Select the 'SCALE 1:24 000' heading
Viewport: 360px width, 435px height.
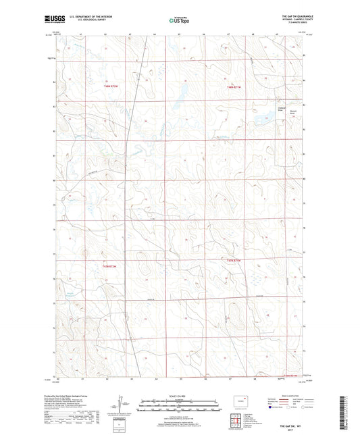(x=179, y=395)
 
